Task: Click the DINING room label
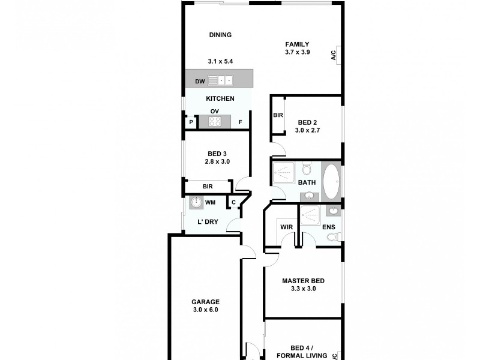coord(220,35)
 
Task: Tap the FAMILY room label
coord(297,44)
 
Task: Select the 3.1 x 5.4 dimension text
coord(220,61)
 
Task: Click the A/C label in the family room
coord(334,55)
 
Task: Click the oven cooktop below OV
coord(215,122)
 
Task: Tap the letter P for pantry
coord(191,123)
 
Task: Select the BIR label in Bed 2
coord(278,115)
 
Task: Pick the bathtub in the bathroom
coord(331,181)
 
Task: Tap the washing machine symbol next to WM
coord(196,203)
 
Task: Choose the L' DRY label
coord(208,223)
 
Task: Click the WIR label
coord(286,227)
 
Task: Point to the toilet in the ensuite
coord(332,237)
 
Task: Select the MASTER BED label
coord(303,280)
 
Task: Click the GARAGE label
coord(205,302)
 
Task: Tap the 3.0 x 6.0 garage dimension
coord(205,310)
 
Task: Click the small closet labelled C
coord(233,203)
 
